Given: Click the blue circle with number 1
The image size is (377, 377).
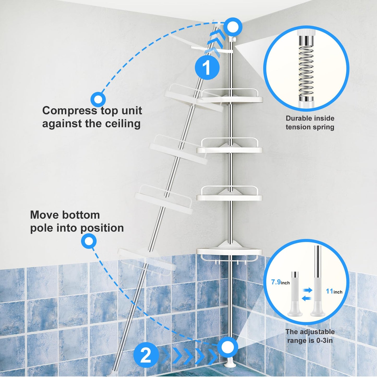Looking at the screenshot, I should [207, 68].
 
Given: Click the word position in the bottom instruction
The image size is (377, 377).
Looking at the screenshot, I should [105, 228].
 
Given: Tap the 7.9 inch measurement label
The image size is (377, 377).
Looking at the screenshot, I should [280, 282].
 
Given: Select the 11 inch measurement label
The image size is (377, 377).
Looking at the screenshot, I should [334, 291].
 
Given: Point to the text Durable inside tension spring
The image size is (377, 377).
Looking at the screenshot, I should [310, 123].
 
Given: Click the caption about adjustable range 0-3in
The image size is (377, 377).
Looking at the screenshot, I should [310, 336].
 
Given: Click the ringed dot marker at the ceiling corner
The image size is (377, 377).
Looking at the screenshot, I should [231, 27].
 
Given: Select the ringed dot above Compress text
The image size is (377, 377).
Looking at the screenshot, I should [98, 99].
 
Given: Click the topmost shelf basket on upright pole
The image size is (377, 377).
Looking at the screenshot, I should [229, 96].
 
